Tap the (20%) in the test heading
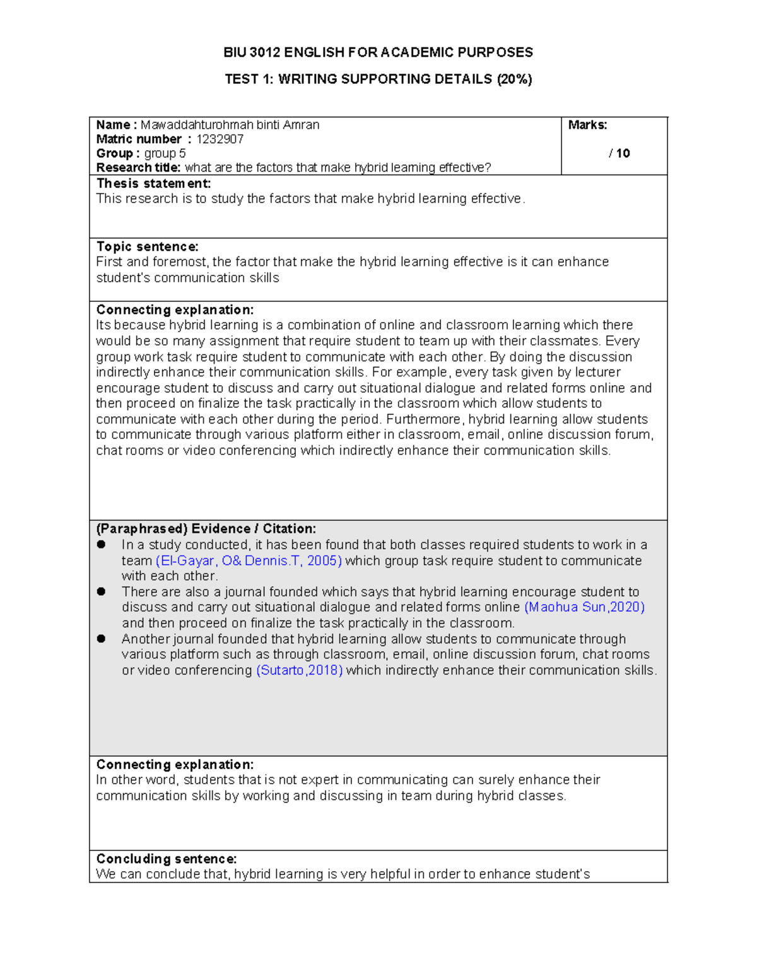pyautogui.click(x=514, y=79)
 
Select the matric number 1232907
pyautogui.click(x=220, y=139)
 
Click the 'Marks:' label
pyautogui.click(x=587, y=125)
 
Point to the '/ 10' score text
pyautogui.click(x=619, y=153)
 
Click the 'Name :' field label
pyautogui.click(x=116, y=125)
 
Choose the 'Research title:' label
pyautogui.click(x=138, y=168)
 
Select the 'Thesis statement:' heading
pyautogui.click(x=153, y=183)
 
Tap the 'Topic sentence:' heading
pyautogui.click(x=147, y=246)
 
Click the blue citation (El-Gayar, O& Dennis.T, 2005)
pyautogui.click(x=249, y=561)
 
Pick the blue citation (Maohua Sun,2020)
pyautogui.click(x=584, y=607)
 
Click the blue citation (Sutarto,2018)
pyautogui.click(x=300, y=670)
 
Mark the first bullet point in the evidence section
pyautogui.click(x=101, y=545)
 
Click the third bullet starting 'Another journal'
pyautogui.click(x=101, y=639)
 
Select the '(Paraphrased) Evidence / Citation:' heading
pyautogui.click(x=206, y=529)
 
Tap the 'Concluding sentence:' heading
pyautogui.click(x=166, y=859)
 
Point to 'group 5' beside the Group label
pyautogui.click(x=165, y=153)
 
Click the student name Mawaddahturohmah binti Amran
pyautogui.click(x=230, y=125)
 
